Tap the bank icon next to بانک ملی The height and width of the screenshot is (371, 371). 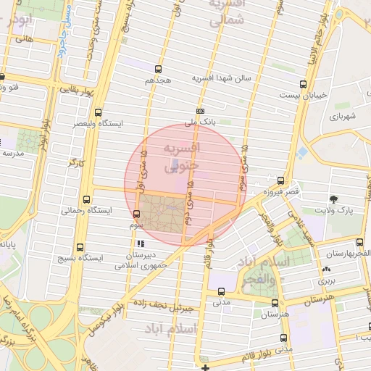(x=200, y=111)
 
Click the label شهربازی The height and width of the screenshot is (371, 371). (x=343, y=116)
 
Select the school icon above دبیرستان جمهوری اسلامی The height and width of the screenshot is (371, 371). (x=140, y=244)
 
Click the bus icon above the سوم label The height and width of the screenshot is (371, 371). (x=137, y=213)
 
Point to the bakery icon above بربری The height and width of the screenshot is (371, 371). (x=323, y=270)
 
